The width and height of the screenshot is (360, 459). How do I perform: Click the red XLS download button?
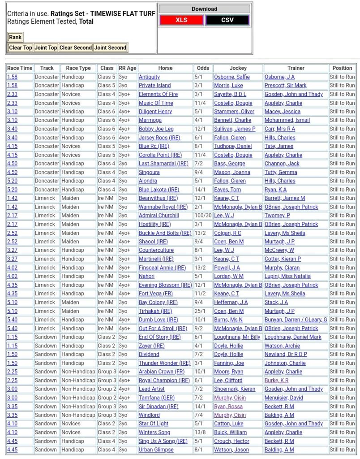coord(181,20)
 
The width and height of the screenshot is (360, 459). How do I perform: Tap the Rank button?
coord(15,37)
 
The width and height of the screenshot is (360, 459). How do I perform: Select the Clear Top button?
coord(21,48)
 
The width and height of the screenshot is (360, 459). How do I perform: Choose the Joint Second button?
coord(110,48)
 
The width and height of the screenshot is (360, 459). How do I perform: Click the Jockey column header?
coord(238,68)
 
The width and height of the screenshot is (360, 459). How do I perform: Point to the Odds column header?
coord(203,68)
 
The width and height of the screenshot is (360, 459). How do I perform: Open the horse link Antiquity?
coord(149,77)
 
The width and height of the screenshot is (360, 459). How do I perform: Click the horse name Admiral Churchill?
coord(159,216)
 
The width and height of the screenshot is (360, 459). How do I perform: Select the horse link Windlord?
coord(149,415)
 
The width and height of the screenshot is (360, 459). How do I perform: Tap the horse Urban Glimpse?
coord(156,450)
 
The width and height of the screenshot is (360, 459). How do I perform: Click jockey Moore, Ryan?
coord(228,372)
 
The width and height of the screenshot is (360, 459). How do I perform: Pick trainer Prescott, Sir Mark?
coord(285,86)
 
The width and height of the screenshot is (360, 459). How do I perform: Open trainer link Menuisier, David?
coord(284,398)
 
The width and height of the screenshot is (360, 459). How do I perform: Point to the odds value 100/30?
coord(203,216)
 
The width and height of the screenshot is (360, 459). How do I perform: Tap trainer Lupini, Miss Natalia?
coord(287,276)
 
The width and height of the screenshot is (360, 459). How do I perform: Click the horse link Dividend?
coord(149,354)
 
